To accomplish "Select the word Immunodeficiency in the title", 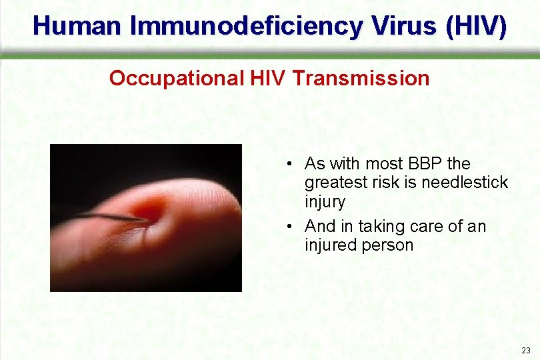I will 247,26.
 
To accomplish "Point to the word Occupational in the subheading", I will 177,79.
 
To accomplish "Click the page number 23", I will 526,351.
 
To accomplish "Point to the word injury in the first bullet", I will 325,201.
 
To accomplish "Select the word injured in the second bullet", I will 330,245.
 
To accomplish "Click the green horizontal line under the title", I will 270,56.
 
